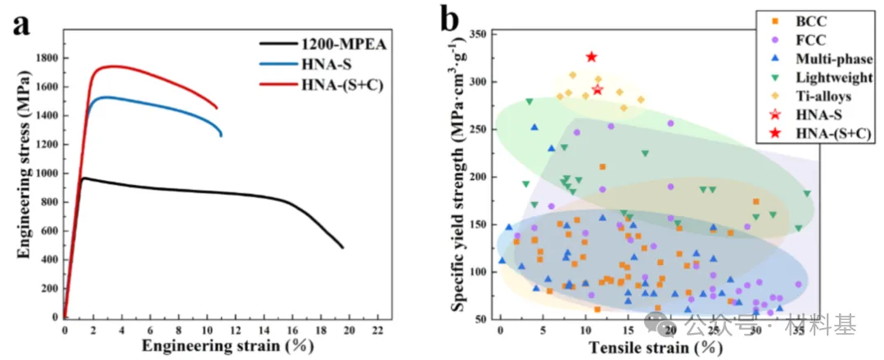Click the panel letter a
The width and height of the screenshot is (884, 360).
click(x=20, y=25)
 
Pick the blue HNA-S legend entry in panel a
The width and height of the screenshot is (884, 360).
click(x=322, y=63)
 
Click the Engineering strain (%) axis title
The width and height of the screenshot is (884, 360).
click(x=221, y=347)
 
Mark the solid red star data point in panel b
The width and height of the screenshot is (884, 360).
click(x=592, y=57)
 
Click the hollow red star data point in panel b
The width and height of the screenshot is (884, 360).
click(x=598, y=90)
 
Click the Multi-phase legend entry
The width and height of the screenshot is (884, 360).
click(x=830, y=58)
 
